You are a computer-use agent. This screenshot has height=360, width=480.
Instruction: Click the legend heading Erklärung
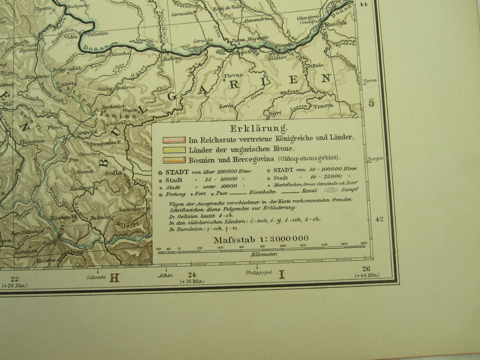coord(258,129)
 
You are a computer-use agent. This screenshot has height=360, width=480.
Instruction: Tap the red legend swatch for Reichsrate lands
coord(174,140)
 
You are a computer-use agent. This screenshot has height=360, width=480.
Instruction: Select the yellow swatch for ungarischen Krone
coord(174,150)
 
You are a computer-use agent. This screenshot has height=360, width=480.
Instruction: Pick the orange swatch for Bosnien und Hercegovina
coord(174,160)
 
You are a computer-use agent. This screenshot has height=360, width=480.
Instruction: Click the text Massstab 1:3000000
coord(261,240)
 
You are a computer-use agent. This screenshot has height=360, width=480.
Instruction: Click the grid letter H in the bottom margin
coord(114,277)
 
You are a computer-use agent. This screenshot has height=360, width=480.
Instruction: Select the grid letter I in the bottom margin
coord(282,274)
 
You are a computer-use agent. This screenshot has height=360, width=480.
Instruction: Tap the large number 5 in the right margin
coord(372,103)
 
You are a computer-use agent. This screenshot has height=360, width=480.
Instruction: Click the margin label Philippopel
coord(259,272)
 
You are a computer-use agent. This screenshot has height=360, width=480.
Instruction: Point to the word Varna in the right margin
coord(370,81)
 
